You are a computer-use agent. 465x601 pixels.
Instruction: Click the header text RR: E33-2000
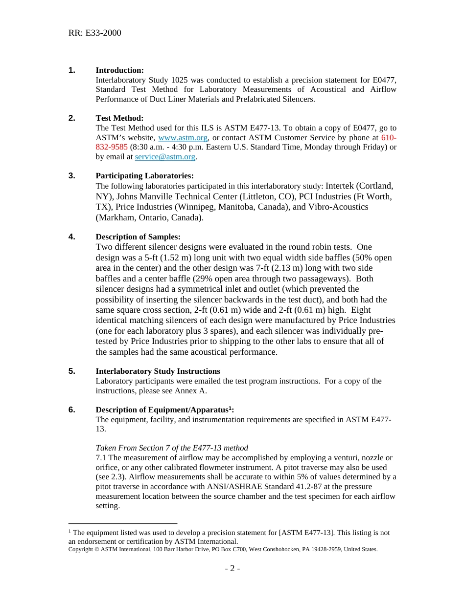[x=94, y=33]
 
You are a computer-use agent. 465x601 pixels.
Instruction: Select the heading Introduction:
[x=119, y=70]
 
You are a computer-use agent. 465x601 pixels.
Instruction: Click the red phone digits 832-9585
[x=112, y=147]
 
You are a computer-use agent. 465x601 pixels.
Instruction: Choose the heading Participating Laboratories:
[x=144, y=176]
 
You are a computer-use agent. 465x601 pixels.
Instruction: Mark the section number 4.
[x=71, y=237]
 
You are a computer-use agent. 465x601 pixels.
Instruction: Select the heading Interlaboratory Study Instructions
[x=158, y=371]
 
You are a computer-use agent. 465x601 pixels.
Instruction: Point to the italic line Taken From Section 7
[x=171, y=448]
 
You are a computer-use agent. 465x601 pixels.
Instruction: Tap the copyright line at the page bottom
[x=223, y=549]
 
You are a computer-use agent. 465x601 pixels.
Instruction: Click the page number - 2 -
[x=232, y=569]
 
